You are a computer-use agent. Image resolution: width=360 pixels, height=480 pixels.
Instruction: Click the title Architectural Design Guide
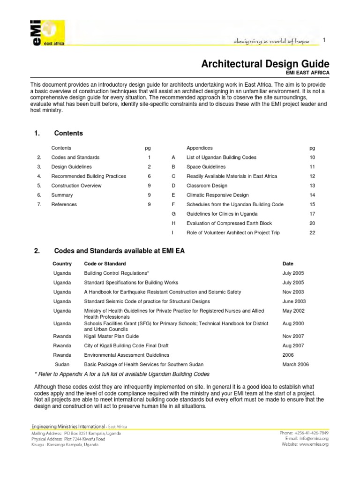click(265, 64)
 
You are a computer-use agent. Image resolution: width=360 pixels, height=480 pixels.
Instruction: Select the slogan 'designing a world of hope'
click(272, 42)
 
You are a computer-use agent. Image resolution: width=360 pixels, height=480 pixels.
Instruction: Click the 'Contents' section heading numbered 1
click(68, 133)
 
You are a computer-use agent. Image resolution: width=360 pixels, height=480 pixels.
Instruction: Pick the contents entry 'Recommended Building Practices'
click(89, 176)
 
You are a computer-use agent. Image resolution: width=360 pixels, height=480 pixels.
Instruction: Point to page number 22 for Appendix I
click(312, 233)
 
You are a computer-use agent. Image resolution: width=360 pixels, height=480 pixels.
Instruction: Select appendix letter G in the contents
click(173, 214)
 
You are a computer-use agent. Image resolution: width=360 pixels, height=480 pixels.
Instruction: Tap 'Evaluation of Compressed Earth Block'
click(229, 223)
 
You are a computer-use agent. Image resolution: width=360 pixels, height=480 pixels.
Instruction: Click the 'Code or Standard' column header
click(105, 264)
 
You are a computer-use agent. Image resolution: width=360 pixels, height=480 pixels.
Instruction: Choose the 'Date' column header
click(288, 264)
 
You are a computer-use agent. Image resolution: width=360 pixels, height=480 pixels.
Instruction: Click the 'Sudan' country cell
click(62, 364)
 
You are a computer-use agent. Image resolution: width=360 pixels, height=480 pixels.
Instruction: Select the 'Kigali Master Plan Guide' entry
click(111, 336)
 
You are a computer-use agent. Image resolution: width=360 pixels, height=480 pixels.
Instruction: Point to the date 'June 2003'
click(294, 301)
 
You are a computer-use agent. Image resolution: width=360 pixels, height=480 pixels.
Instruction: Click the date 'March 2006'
click(295, 364)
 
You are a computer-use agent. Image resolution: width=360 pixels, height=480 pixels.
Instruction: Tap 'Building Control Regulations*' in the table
click(116, 273)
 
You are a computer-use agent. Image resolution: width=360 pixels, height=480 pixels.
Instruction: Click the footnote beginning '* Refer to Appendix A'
click(122, 374)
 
